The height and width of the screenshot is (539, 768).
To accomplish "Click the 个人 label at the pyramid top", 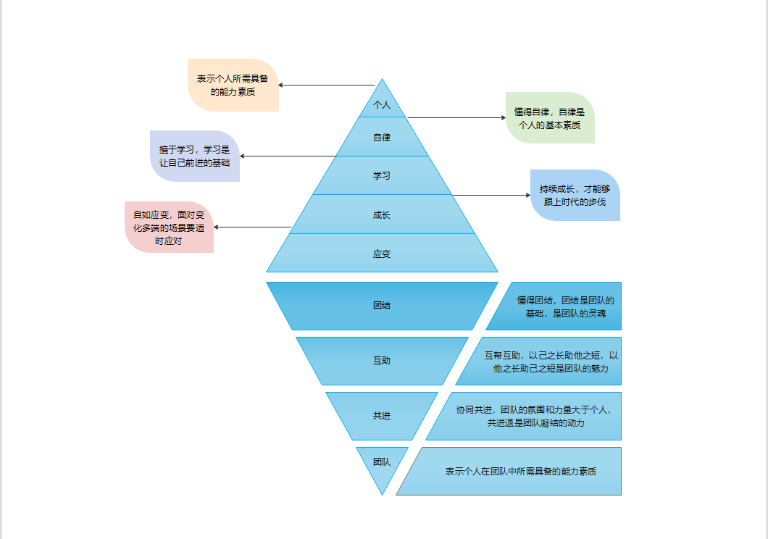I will click(382, 104).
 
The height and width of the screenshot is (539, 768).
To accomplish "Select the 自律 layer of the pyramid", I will click(382, 137).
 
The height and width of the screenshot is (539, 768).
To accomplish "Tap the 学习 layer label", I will click(382, 175).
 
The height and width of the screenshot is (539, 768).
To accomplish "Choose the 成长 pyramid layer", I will click(382, 214).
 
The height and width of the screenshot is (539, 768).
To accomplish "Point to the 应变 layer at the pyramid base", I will click(382, 254).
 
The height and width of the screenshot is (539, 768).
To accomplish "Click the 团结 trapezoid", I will click(382, 305).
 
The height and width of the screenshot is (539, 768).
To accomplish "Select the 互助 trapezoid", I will click(382, 360).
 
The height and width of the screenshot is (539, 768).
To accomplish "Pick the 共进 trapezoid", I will click(382, 415).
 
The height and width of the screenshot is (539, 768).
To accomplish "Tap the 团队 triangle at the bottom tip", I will click(382, 462).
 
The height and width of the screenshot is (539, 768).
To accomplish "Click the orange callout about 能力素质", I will click(233, 85).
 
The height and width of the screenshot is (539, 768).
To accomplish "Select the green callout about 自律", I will click(550, 117).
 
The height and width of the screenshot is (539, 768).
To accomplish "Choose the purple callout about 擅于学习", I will click(194, 156).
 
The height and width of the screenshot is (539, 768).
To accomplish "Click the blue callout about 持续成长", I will click(575, 195).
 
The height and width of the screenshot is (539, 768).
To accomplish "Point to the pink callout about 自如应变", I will click(169, 227).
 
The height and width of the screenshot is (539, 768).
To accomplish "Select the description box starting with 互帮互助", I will click(543, 361).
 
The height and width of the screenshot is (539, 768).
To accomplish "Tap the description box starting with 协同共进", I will click(529, 416).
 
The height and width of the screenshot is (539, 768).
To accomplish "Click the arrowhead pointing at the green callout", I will click(502, 117).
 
